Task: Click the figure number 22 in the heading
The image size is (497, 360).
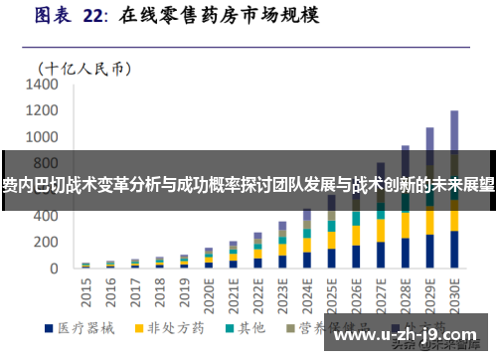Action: tap(92, 16)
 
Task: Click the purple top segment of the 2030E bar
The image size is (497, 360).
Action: tap(454, 129)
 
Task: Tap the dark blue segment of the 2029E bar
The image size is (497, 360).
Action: tap(429, 252)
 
